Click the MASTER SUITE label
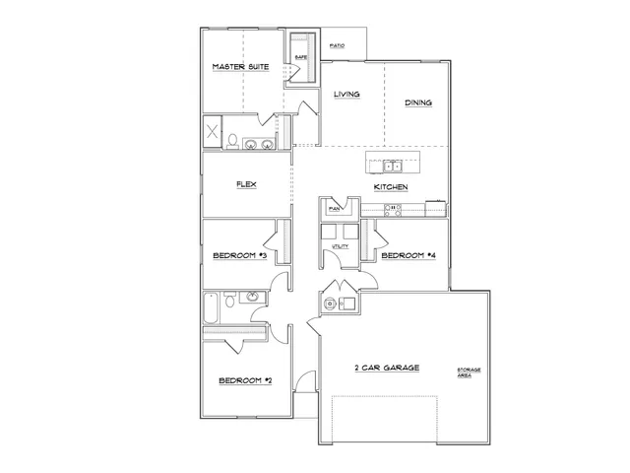(241, 67)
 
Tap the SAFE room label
(301, 58)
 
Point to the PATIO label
(337, 45)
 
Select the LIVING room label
(346, 95)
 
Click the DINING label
(418, 102)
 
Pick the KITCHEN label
(391, 186)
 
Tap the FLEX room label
(246, 184)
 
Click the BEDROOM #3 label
(240, 256)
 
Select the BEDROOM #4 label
(408, 256)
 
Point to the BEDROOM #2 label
(244, 380)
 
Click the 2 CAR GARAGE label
(387, 368)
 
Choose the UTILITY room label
(341, 245)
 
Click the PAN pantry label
(334, 209)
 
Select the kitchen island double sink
(391, 166)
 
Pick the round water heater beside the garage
(329, 303)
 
